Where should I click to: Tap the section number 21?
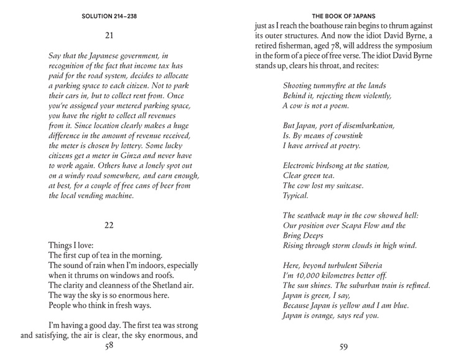(109, 35)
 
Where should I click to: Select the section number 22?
(109, 225)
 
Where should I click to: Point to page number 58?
(109, 346)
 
